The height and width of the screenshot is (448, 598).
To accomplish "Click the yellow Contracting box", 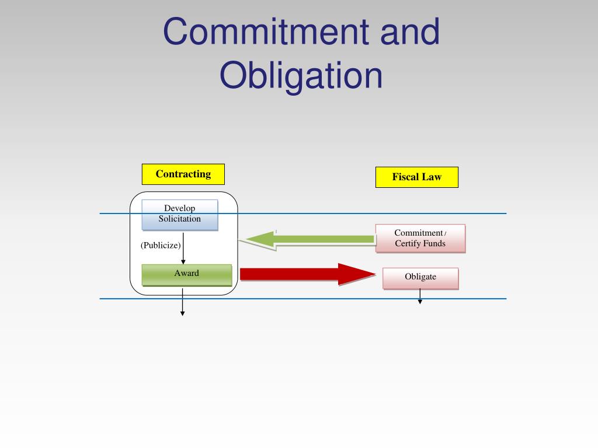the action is (x=183, y=174).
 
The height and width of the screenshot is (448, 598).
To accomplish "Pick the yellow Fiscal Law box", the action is (x=416, y=177).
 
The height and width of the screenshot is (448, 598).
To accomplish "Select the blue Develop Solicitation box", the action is (x=180, y=214).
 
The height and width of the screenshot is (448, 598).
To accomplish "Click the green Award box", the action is (x=186, y=274).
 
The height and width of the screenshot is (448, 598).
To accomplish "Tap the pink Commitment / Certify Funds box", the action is (x=420, y=238).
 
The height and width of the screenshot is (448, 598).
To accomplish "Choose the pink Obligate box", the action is (x=420, y=278).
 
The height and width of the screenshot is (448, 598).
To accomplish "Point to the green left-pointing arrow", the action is (x=310, y=239).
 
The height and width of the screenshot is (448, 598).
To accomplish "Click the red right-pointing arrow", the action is (x=307, y=274).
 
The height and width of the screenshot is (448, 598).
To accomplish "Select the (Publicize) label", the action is (x=161, y=245).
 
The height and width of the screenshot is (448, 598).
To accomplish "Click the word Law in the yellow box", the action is (x=432, y=177).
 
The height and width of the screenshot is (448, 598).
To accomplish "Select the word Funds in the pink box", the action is (x=433, y=243).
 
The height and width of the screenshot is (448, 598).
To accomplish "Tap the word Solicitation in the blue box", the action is (x=180, y=219).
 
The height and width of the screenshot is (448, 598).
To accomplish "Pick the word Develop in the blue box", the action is (x=180, y=208).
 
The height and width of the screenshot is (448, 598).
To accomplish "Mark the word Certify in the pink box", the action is (x=407, y=243).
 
